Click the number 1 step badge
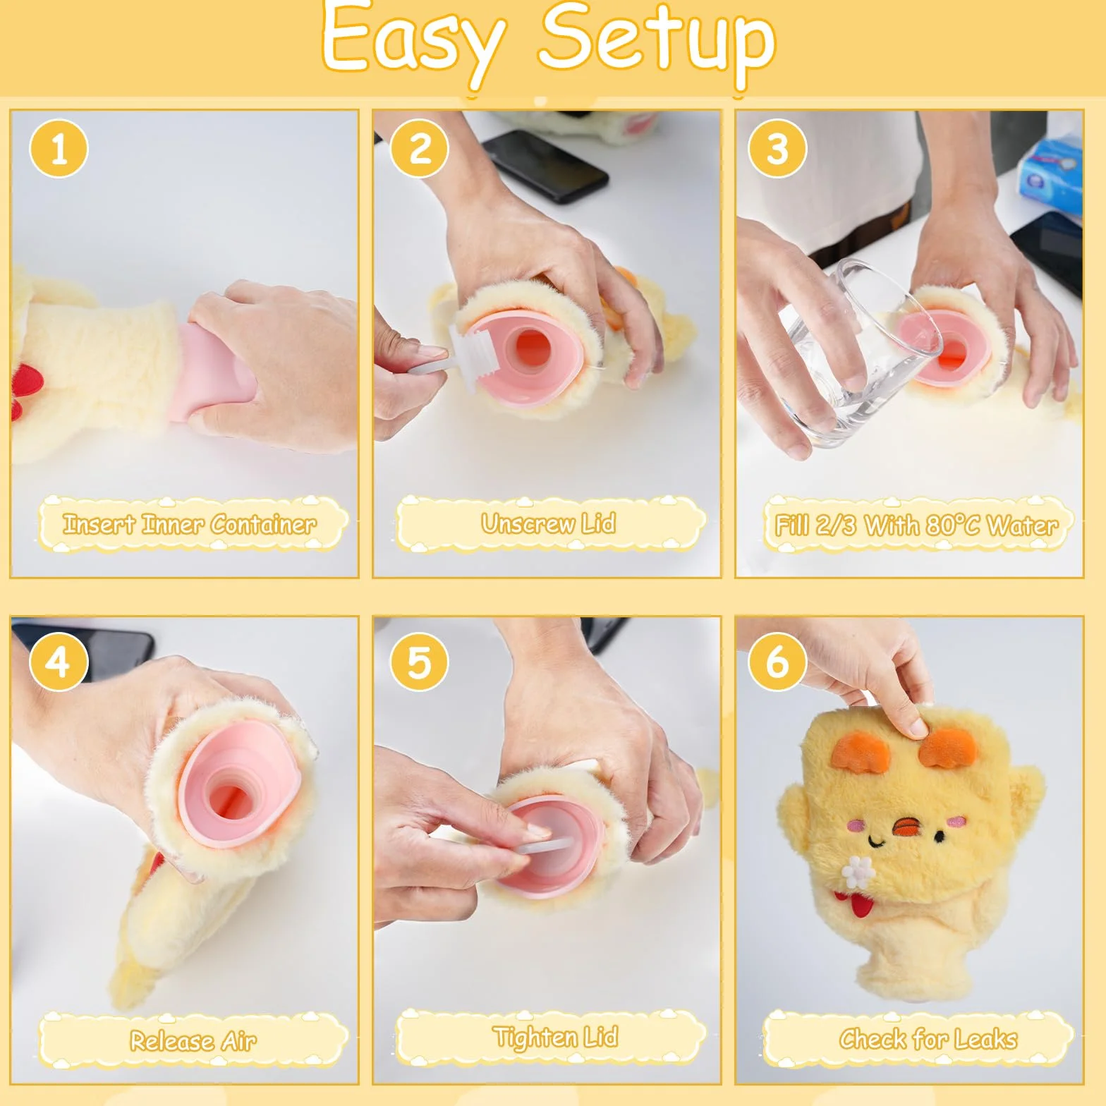point(59,149)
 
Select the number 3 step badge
point(777,149)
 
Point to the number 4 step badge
point(59,662)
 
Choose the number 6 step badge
point(777,662)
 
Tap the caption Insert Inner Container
point(190,524)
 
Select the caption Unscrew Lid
point(549,523)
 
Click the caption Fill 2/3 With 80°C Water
point(916,525)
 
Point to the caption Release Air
point(193,1040)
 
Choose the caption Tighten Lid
point(556,1037)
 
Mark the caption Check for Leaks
point(928,1039)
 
